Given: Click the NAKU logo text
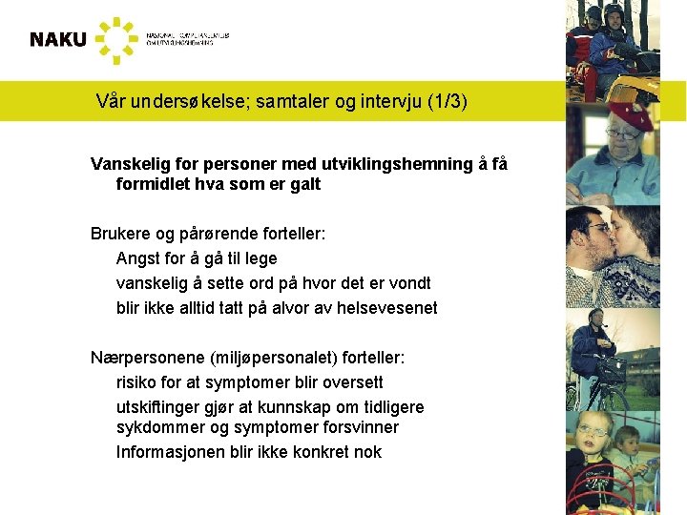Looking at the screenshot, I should click(57, 39).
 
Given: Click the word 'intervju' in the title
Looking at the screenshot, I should click(393, 101).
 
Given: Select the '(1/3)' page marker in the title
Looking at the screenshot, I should click(448, 101).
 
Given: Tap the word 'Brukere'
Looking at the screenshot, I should click(118, 234).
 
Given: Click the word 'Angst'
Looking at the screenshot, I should click(139, 258).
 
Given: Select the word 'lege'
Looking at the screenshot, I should click(260, 258).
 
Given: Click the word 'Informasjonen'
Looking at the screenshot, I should click(171, 452).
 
